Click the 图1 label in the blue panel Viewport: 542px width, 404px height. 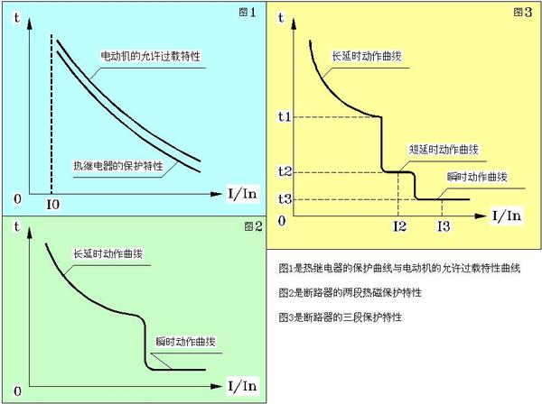click(247, 13)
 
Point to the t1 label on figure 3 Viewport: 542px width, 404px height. click(285, 116)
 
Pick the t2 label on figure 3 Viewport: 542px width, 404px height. click(285, 171)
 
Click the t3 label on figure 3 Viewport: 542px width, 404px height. click(285, 198)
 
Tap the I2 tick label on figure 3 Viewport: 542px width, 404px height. click(399, 226)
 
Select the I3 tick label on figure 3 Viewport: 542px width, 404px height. click(443, 226)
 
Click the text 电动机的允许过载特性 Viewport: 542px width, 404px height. click(150, 57)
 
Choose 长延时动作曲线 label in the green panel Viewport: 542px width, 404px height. click(107, 255)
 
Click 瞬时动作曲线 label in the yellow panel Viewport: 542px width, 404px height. click(478, 177)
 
